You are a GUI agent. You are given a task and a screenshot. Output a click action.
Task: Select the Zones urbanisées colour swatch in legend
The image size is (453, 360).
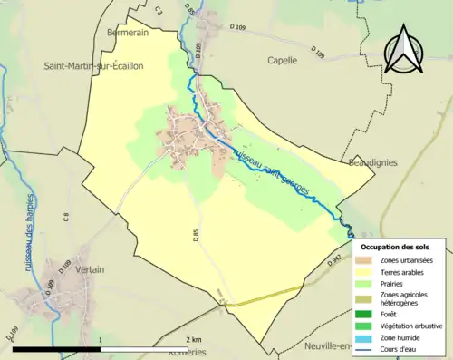coord(369,260)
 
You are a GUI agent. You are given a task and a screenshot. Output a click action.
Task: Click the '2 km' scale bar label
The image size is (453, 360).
coord(193,339)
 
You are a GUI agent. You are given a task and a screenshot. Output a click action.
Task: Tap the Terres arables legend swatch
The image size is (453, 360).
coord(369,271)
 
